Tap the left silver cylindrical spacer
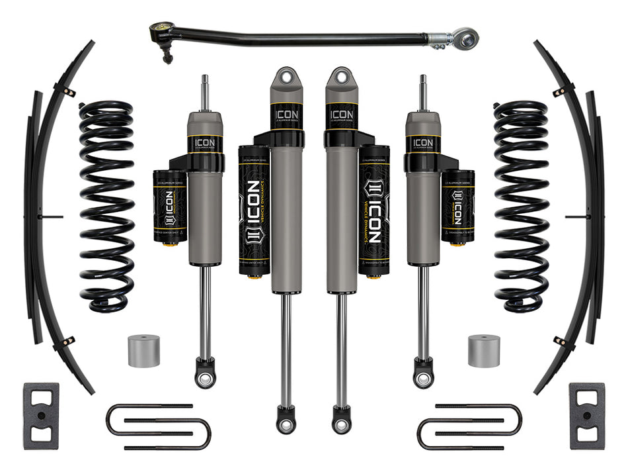[143, 351]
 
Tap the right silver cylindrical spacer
[484, 351]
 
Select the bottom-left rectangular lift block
[40, 415]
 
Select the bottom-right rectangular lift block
[586, 415]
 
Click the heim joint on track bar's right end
[465, 38]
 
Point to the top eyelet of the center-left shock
[286, 76]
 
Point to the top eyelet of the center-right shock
[341, 76]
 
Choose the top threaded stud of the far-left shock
[205, 93]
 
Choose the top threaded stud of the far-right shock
[422, 93]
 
